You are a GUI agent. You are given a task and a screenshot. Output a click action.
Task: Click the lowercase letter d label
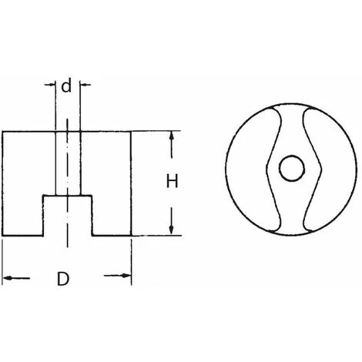(x=66, y=85)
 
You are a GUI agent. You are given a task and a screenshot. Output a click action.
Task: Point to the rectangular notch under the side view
(x=67, y=216)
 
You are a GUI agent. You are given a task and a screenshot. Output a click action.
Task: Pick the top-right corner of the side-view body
(x=131, y=132)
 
